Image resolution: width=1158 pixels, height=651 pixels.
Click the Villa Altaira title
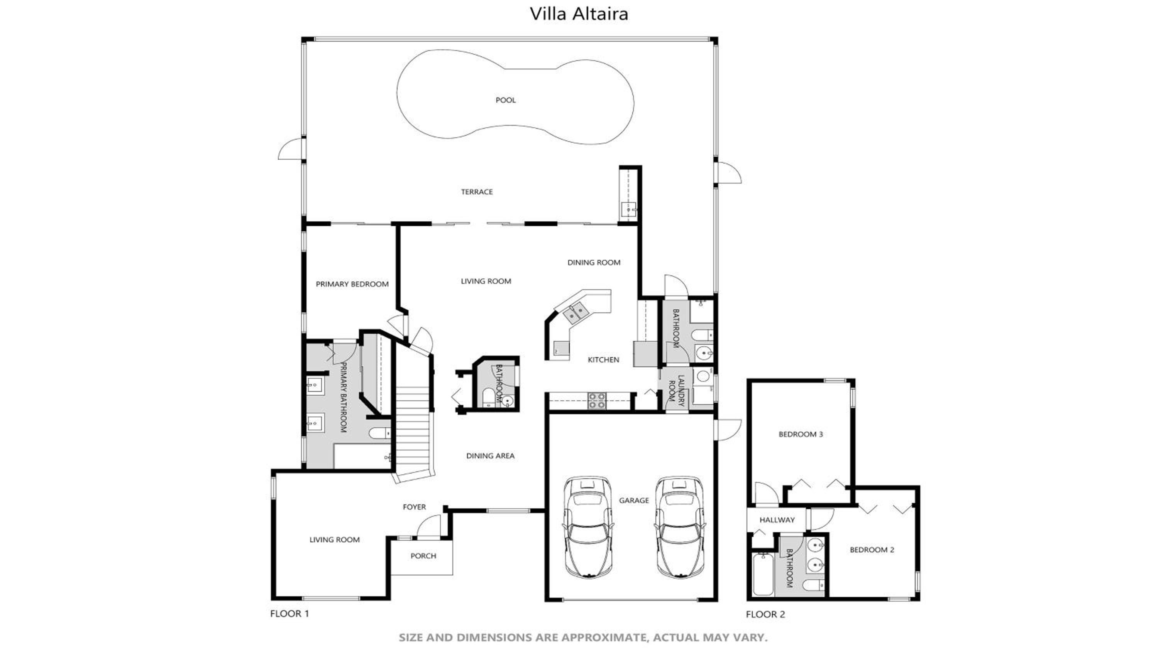pyautogui.click(x=579, y=14)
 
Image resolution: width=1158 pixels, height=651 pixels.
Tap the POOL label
pyautogui.click(x=505, y=100)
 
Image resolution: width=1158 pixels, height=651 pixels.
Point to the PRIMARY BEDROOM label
pyautogui.click(x=352, y=284)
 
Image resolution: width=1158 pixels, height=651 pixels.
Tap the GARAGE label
pyautogui.click(x=634, y=501)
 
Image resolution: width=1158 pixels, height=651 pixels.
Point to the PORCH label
pyautogui.click(x=423, y=556)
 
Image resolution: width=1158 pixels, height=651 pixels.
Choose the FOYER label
pyautogui.click(x=414, y=507)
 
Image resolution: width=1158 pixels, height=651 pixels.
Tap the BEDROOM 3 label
pyautogui.click(x=801, y=434)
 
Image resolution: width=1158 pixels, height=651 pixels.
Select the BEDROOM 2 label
pyautogui.click(x=872, y=550)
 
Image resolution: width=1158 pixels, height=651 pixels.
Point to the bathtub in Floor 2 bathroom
pyautogui.click(x=762, y=574)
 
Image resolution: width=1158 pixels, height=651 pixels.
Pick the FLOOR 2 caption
pyautogui.click(x=765, y=614)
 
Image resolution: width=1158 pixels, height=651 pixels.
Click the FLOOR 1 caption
pyautogui.click(x=289, y=614)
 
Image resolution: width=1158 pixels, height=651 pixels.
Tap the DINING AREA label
pyautogui.click(x=490, y=455)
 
